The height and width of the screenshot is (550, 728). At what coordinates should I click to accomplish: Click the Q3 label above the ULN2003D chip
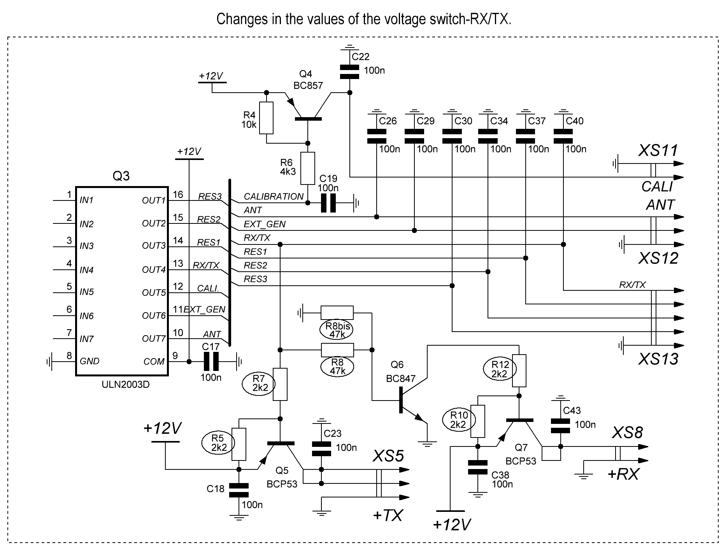pos(121,176)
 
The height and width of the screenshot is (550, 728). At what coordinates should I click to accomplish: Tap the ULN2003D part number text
pos(125,385)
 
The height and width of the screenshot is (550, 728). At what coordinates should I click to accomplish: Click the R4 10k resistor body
pos(266,118)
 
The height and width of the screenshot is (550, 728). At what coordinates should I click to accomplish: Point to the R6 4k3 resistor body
pos(308,168)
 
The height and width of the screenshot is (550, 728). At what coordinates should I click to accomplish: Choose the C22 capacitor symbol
pos(349,72)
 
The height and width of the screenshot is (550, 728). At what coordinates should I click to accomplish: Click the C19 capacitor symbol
pos(328,203)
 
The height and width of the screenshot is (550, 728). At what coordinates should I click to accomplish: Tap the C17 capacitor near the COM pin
pos(211,361)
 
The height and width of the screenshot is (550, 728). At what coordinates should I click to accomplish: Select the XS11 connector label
pos(658,151)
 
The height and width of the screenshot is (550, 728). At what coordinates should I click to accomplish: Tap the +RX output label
pos(623,474)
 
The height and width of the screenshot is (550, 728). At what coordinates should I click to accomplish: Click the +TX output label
pos(387,515)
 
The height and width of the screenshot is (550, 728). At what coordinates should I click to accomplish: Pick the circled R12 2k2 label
pos(500,369)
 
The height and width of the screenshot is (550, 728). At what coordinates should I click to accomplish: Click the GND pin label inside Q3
pos(89,361)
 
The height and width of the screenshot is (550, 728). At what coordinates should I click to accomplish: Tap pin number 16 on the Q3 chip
pos(178,195)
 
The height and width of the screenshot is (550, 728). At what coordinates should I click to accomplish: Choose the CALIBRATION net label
pos(273,197)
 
